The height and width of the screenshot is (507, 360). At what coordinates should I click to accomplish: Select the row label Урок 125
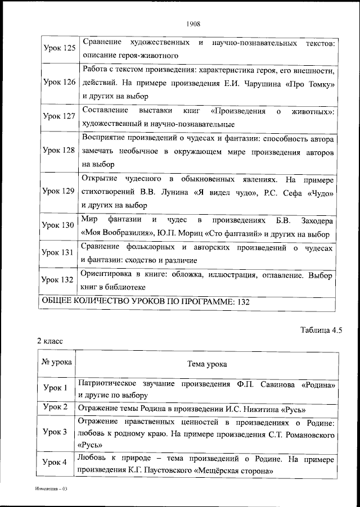60,49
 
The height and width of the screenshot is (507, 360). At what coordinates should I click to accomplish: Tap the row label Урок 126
60,83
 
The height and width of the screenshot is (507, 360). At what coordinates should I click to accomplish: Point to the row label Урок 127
60,116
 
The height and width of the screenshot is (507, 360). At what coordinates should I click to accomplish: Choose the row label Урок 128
60,151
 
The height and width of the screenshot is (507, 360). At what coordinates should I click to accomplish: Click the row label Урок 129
60,191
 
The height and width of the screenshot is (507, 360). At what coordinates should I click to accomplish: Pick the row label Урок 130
60,225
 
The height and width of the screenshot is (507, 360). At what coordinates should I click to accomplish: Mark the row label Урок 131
60,253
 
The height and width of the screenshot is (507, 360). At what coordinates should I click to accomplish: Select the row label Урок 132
60,280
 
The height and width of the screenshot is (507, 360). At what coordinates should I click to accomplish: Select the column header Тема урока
207,364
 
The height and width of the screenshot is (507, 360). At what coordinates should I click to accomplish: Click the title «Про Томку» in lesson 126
311,83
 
